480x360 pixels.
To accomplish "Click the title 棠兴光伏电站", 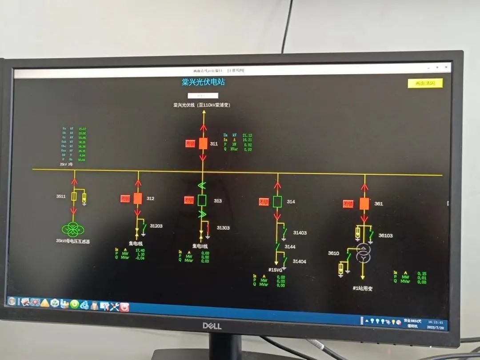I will coord(203,82).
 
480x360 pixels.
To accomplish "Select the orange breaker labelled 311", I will coord(203,143).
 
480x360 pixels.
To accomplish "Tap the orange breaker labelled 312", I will coord(138,199).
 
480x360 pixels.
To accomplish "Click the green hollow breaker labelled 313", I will coord(202,200).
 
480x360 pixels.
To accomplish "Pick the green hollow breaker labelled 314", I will coord(278,202).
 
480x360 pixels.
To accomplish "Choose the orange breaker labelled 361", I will coord(364,204).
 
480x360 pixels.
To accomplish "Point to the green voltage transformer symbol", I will coord(73,229).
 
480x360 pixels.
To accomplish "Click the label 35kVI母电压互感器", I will coord(73,241).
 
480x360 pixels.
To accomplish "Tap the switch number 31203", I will coord(156,226).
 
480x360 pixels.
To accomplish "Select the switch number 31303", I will coord(223,228).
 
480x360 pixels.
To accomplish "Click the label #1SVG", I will coord(276,270).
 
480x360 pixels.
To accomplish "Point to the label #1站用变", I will coord(363,288).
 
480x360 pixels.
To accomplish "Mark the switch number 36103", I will coord(385,236).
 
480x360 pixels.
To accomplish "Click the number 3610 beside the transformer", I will coord(333,253).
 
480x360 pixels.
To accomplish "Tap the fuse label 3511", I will coord(61,196).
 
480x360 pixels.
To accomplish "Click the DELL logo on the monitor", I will coord(212,326).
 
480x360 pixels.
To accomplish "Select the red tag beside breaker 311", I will coord(190,144).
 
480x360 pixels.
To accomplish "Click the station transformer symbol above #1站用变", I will coord(364,253).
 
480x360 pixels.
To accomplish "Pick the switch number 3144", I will coord(290,246).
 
